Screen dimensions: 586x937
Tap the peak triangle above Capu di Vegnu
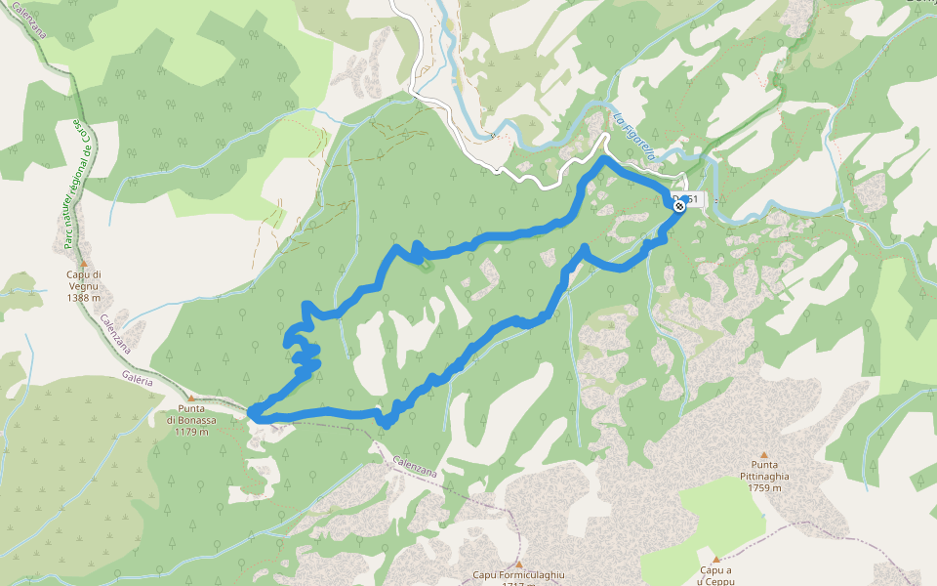[x=83, y=263]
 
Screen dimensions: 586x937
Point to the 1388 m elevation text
[x=83, y=297]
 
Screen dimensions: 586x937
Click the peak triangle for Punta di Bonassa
[x=190, y=397]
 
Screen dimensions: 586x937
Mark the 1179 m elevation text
[x=190, y=431]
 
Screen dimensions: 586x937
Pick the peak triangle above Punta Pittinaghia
[x=764, y=454]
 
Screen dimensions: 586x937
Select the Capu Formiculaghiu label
[x=519, y=575]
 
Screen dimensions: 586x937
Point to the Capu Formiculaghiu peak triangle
[x=519, y=564]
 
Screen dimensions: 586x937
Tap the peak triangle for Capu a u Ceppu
[x=715, y=559]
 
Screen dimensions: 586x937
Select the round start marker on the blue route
[x=678, y=204]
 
